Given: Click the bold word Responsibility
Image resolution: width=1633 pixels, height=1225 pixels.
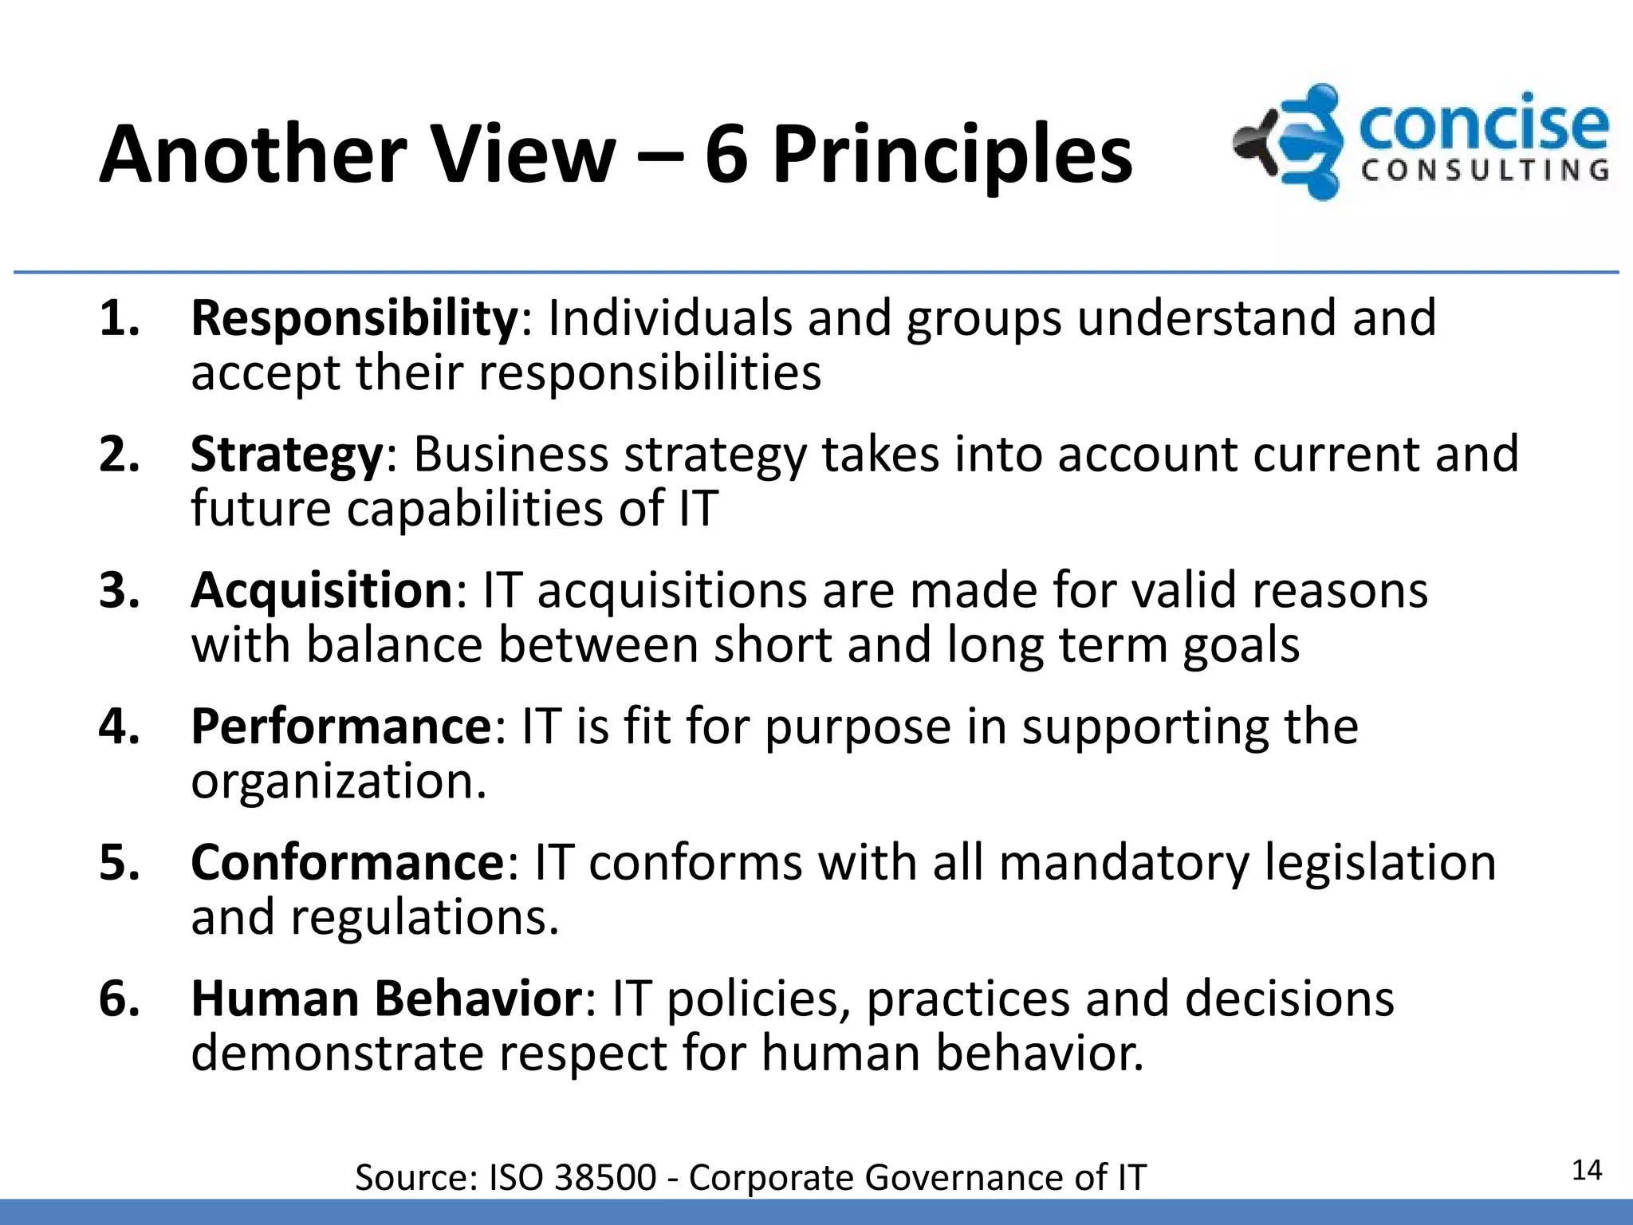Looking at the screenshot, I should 354,319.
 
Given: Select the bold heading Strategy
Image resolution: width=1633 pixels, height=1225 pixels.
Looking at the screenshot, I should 287,455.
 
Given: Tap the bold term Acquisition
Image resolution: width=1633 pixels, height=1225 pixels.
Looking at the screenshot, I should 322,591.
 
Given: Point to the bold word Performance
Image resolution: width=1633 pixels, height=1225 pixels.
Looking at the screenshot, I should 341,727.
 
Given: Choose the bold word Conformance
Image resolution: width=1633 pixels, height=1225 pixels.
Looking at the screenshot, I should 348,863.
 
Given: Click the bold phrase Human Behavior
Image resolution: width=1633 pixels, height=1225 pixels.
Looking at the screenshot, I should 387,999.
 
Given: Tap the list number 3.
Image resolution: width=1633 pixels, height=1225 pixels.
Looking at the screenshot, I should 119,591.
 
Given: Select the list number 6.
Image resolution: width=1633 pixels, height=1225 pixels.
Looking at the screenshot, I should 119,999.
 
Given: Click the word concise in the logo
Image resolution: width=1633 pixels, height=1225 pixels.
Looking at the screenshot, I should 1482,127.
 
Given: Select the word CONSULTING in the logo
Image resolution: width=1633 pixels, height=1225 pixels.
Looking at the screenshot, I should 1485,171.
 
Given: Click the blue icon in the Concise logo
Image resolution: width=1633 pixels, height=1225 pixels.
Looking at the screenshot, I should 1300,142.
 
